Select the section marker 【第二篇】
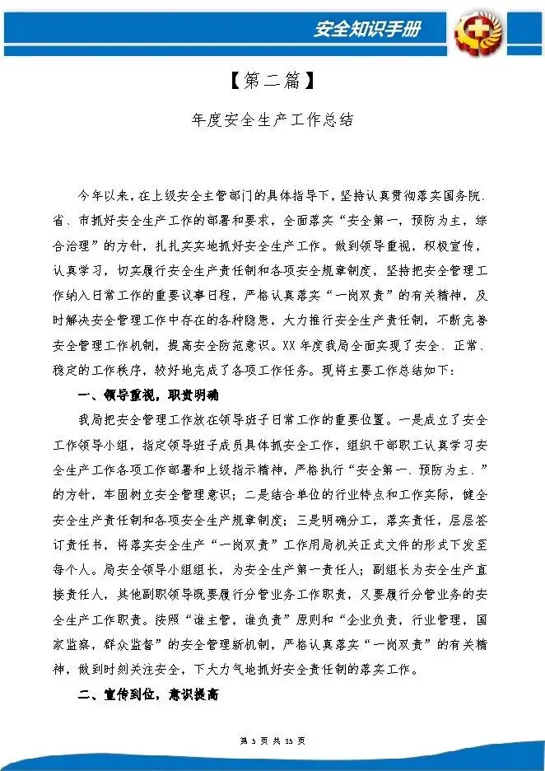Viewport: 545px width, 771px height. [x=271, y=81]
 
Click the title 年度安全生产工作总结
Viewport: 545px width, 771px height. [x=272, y=119]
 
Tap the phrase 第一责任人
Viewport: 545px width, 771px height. [x=323, y=568]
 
